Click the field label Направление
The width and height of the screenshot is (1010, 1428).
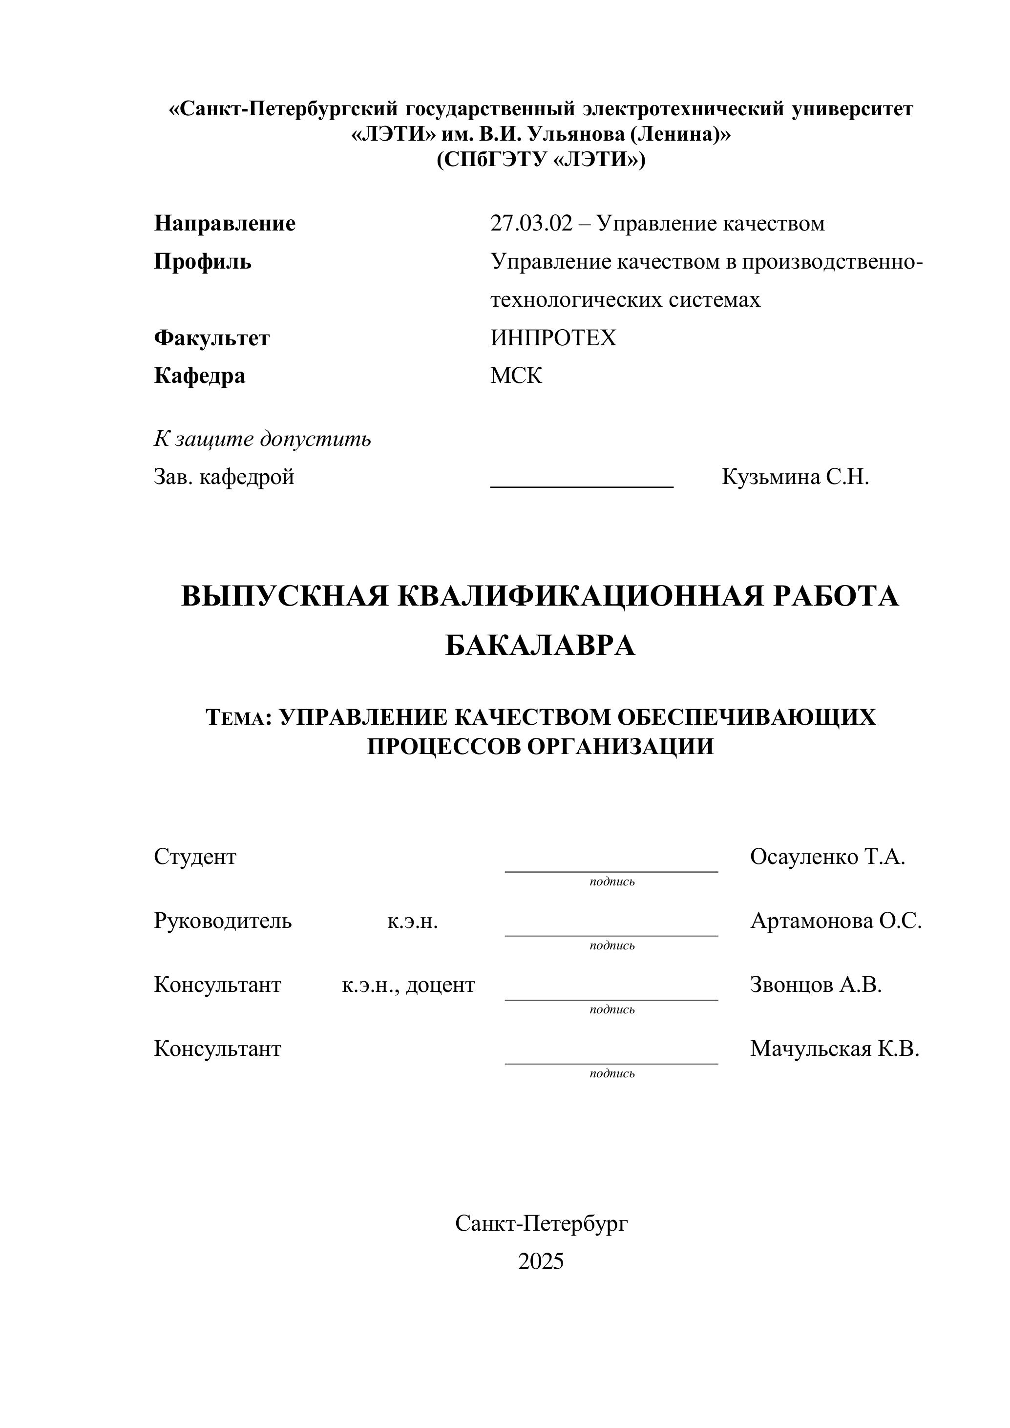(225, 223)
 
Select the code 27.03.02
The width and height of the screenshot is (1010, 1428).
(530, 223)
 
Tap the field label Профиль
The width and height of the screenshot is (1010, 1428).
(203, 261)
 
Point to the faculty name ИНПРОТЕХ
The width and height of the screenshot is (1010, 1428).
(553, 338)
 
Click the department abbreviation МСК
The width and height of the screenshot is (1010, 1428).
(516, 376)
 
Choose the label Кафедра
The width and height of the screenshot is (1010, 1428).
(200, 376)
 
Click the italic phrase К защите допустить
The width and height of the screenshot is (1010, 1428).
(262, 439)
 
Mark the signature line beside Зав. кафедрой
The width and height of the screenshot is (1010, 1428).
(582, 485)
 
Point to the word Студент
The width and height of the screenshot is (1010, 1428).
(195, 857)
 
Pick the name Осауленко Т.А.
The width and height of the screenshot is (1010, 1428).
(827, 857)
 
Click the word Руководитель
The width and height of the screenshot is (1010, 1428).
(223, 921)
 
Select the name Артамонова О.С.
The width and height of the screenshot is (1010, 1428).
(836, 921)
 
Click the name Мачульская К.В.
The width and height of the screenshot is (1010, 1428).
(834, 1049)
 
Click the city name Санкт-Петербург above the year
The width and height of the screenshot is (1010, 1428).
(541, 1223)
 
